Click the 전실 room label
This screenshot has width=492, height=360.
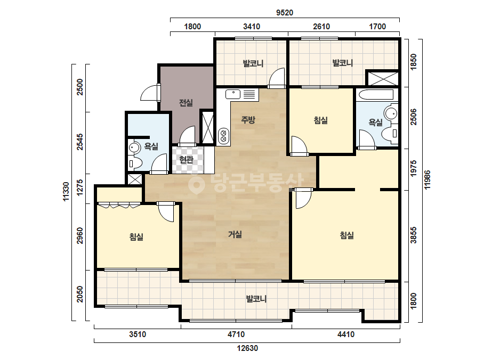tap(185, 103)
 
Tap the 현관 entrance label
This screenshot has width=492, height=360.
tap(186, 160)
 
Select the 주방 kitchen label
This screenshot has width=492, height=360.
tap(248, 119)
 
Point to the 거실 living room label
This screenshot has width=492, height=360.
tap(235, 234)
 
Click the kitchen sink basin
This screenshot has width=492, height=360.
tap(233, 94)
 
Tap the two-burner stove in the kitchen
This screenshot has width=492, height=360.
tap(224, 135)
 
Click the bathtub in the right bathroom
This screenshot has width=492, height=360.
tap(375, 95)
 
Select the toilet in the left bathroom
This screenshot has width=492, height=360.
tap(135, 163)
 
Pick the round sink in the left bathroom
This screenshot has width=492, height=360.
tap(135, 148)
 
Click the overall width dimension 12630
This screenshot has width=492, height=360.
tap(247, 348)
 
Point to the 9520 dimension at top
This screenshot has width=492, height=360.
tap(285, 13)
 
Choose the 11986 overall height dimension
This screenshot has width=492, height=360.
tap(427, 179)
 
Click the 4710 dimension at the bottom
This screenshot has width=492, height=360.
tap(236, 334)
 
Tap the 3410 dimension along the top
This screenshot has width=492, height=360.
tap(252, 26)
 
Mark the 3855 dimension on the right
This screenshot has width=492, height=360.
tap(414, 235)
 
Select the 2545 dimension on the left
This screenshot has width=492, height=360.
tap(80, 142)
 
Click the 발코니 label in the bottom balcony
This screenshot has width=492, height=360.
tap(256, 299)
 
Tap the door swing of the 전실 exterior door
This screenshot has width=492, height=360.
tap(149, 93)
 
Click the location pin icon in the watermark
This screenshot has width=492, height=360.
tap(196, 184)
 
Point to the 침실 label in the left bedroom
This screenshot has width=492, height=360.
tap(136, 236)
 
